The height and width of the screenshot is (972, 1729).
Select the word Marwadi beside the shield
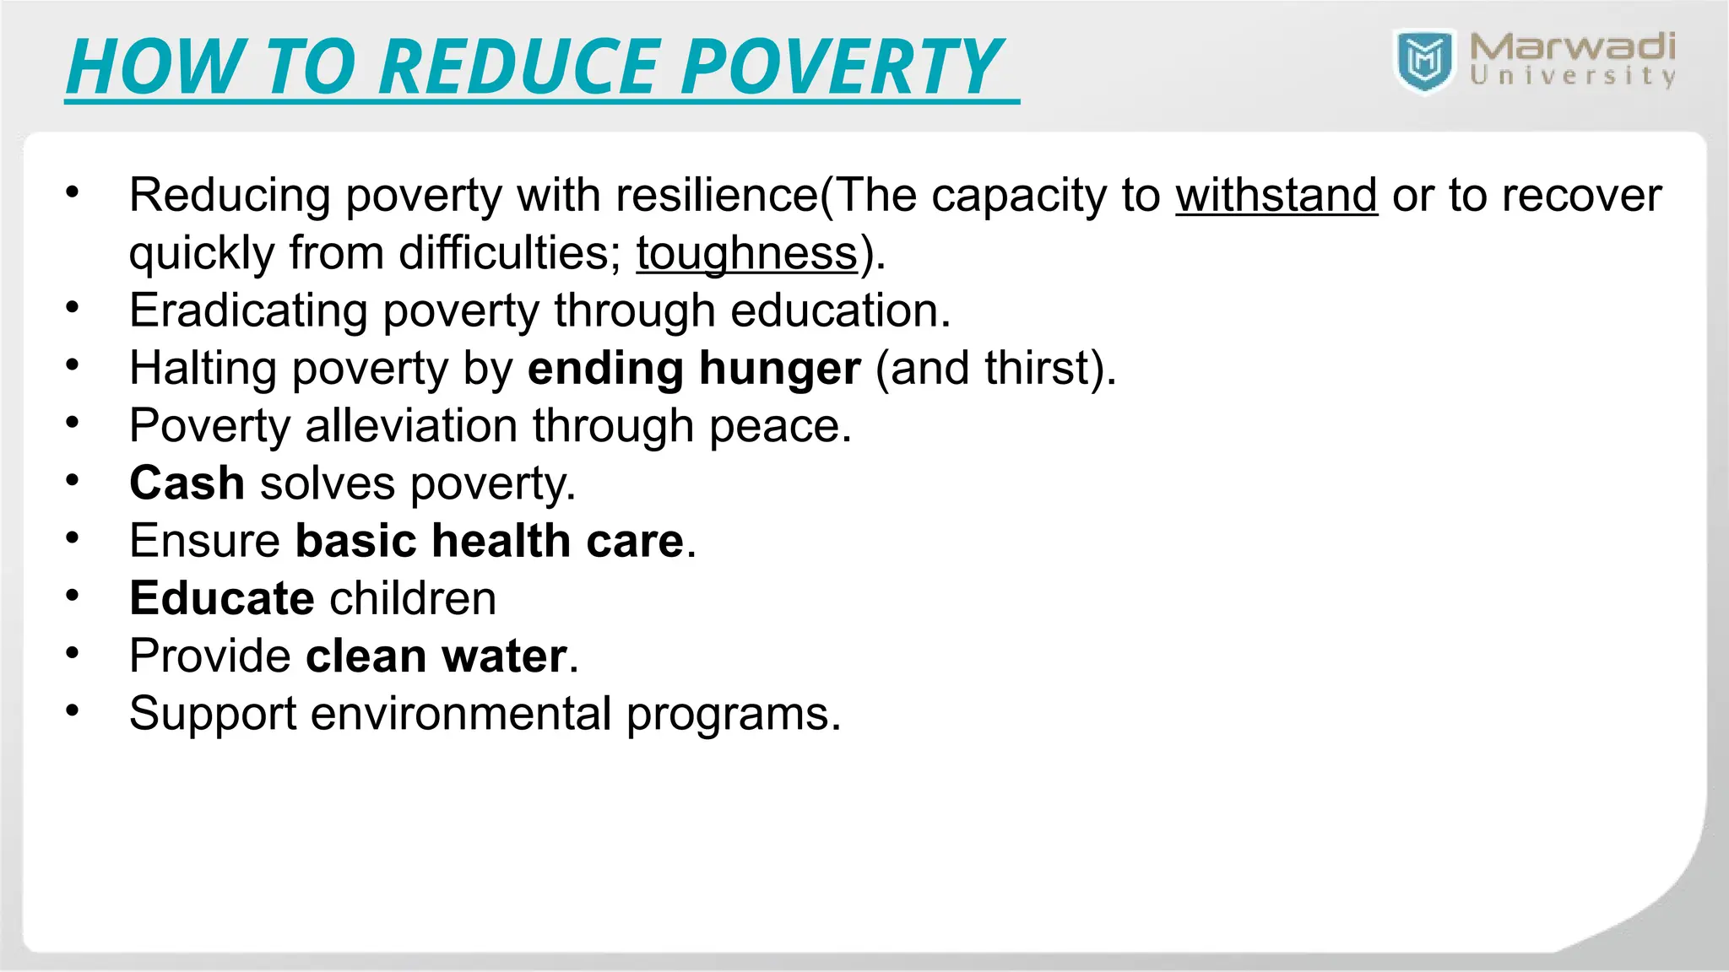[1572, 47]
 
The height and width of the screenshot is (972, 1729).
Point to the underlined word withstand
[1276, 196]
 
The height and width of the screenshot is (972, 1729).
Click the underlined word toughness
[746, 253]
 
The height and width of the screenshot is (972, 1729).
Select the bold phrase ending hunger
[694, 369]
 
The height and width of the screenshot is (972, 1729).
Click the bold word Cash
[187, 483]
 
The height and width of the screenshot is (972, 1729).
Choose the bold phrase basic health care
[490, 541]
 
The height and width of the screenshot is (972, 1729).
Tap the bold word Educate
[222, 598]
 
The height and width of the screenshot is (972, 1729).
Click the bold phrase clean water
[436, 656]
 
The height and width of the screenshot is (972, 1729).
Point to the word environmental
[461, 714]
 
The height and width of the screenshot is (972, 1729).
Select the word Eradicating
[248, 310]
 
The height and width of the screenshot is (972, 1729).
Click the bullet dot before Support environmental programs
[73, 711]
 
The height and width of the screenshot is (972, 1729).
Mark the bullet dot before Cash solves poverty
[73, 481]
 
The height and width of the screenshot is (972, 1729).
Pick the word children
[413, 598]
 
